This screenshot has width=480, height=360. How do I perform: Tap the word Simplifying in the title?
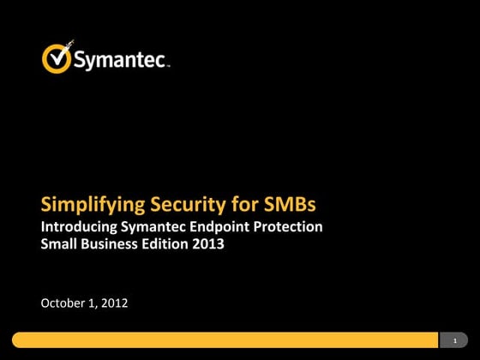(x=93, y=206)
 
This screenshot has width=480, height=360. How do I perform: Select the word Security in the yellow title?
(x=188, y=206)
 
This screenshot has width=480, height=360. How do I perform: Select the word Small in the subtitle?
(x=59, y=243)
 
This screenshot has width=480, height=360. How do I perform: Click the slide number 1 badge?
(x=454, y=340)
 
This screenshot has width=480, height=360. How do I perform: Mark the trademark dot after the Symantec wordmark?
(x=170, y=66)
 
